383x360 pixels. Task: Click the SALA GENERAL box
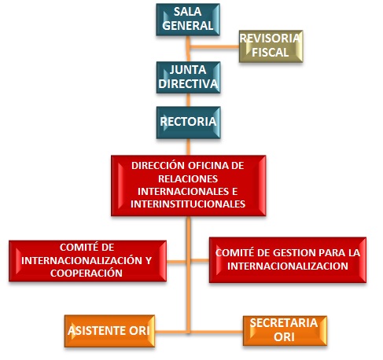(188, 20)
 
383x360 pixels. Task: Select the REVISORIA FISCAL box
(271, 46)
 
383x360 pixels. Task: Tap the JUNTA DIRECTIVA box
(188, 78)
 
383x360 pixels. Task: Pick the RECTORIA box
(188, 123)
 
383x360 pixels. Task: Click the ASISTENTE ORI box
(109, 331)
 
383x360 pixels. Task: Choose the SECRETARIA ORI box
(285, 331)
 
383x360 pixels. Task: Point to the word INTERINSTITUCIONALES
(188, 204)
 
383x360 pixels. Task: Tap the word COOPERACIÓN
(87, 273)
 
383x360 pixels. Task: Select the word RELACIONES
(188, 178)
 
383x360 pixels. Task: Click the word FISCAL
(271, 53)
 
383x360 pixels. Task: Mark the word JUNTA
(188, 70)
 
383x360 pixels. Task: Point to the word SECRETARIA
(284, 323)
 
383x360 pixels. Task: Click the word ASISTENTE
(97, 331)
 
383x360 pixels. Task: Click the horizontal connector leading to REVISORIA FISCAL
(214, 47)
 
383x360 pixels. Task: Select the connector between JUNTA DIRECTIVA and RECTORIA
(188, 100)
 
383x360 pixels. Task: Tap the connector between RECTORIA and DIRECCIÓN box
(188, 147)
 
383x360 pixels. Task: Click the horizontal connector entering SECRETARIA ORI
(216, 332)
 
